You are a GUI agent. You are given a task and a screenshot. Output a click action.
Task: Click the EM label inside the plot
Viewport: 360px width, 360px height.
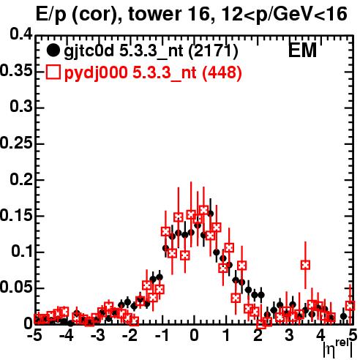click(302, 50)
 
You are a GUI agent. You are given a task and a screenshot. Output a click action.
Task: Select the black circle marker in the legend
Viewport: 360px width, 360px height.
click(53, 50)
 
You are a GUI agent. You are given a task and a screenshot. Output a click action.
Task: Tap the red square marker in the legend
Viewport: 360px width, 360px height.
click(53, 72)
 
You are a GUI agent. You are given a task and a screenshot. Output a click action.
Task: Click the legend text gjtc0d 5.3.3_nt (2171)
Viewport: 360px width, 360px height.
click(151, 51)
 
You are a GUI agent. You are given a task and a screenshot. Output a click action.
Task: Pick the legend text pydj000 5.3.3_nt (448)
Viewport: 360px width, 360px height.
click(153, 73)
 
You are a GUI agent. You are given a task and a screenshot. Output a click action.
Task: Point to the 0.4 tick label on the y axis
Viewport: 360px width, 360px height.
click(21, 34)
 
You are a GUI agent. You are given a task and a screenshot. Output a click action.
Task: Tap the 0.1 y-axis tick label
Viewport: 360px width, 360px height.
click(22, 251)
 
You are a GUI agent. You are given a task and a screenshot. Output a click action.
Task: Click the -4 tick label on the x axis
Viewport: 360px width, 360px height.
click(67, 335)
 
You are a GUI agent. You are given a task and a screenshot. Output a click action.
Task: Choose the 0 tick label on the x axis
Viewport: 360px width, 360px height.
click(194, 335)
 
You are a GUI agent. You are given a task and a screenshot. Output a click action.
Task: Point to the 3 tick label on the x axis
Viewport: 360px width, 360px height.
click(289, 335)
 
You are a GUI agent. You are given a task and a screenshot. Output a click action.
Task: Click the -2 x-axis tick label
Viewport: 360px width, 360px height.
click(130, 335)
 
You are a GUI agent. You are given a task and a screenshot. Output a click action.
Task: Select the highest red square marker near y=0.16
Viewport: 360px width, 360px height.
click(203, 210)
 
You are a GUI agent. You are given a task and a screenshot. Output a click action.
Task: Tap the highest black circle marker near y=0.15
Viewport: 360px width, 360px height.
click(210, 214)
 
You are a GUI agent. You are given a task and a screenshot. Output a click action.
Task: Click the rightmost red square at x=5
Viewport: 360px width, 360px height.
click(350, 306)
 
